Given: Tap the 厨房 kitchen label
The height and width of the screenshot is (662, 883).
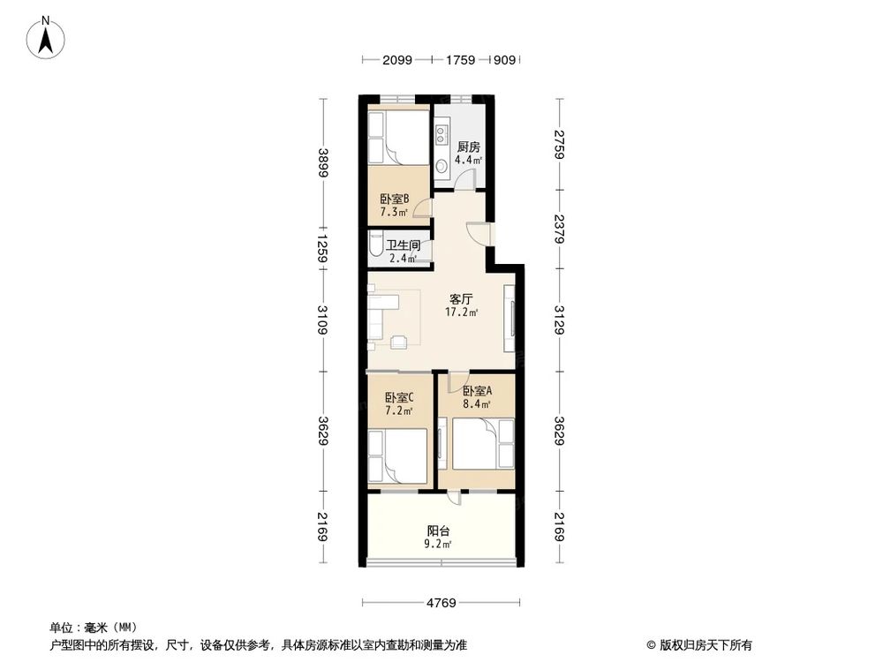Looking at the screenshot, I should [x=468, y=147].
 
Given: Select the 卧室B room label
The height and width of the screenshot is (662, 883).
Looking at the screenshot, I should [x=394, y=199].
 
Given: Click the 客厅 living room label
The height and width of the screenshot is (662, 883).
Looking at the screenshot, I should [x=462, y=299].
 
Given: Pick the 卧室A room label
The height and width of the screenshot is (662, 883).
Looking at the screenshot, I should [x=477, y=391].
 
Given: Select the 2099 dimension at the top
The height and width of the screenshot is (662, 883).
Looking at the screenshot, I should [x=397, y=60].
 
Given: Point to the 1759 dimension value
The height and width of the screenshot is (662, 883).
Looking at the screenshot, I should [x=460, y=60].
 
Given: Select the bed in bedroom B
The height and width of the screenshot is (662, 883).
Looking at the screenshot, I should [x=397, y=137].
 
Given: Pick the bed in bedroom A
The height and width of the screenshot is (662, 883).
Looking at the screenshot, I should [x=482, y=445].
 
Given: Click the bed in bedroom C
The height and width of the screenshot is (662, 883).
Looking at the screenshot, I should [x=399, y=455].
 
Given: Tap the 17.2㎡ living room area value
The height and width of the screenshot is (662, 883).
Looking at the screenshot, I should [x=462, y=312].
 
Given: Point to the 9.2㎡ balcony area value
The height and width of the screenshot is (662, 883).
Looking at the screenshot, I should [x=439, y=545].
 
